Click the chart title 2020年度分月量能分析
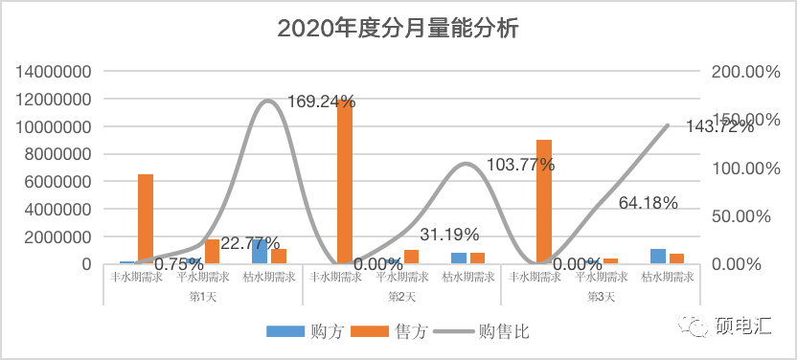point(398,29)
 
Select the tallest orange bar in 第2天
point(345,182)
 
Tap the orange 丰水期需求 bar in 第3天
point(544,201)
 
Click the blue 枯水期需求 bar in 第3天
point(657,256)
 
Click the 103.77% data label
point(520,164)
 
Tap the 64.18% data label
point(649,203)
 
